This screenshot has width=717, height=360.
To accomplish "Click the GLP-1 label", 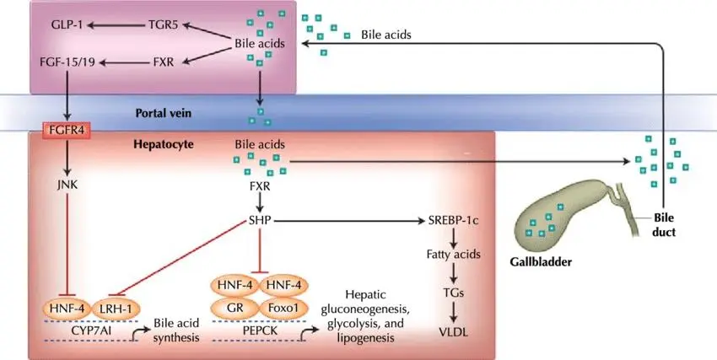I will tap(63, 25).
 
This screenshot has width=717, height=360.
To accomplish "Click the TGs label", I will tap(454, 293).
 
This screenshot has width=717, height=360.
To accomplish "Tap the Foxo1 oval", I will tap(287, 309).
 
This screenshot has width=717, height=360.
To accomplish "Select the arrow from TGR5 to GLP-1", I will tap(114, 25).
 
